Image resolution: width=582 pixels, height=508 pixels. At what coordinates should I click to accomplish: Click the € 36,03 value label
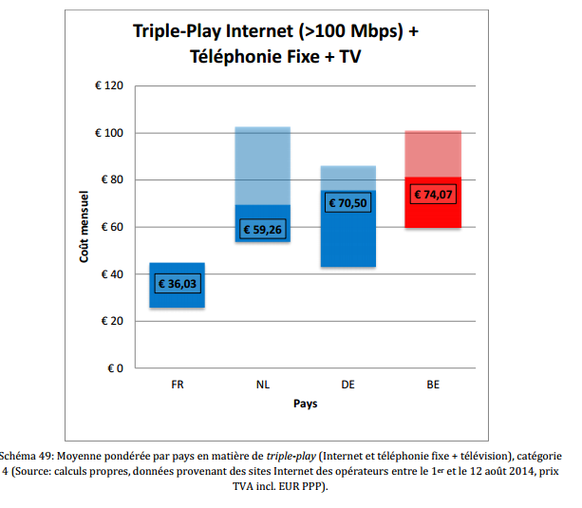(177, 284)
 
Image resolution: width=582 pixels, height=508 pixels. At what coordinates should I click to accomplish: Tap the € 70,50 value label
(347, 202)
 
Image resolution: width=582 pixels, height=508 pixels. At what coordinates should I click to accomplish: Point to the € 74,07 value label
(433, 194)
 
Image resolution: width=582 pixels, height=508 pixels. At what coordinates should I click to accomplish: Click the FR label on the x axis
(178, 386)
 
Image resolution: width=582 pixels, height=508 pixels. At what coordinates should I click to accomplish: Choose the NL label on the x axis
(262, 386)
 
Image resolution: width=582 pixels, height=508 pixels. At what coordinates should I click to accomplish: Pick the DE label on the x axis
(347, 386)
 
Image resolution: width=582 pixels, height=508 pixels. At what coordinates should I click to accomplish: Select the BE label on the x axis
(433, 386)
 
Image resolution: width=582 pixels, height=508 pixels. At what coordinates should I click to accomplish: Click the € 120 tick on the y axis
(109, 86)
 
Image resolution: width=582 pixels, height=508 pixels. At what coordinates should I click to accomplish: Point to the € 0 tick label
(116, 367)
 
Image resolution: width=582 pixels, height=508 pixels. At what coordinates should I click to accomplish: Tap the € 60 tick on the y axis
(113, 227)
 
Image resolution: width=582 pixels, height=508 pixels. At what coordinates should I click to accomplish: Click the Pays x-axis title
(305, 404)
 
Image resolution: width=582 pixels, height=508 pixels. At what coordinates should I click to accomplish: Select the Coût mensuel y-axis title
(84, 227)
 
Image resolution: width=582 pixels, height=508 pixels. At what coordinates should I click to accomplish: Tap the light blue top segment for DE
(347, 178)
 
